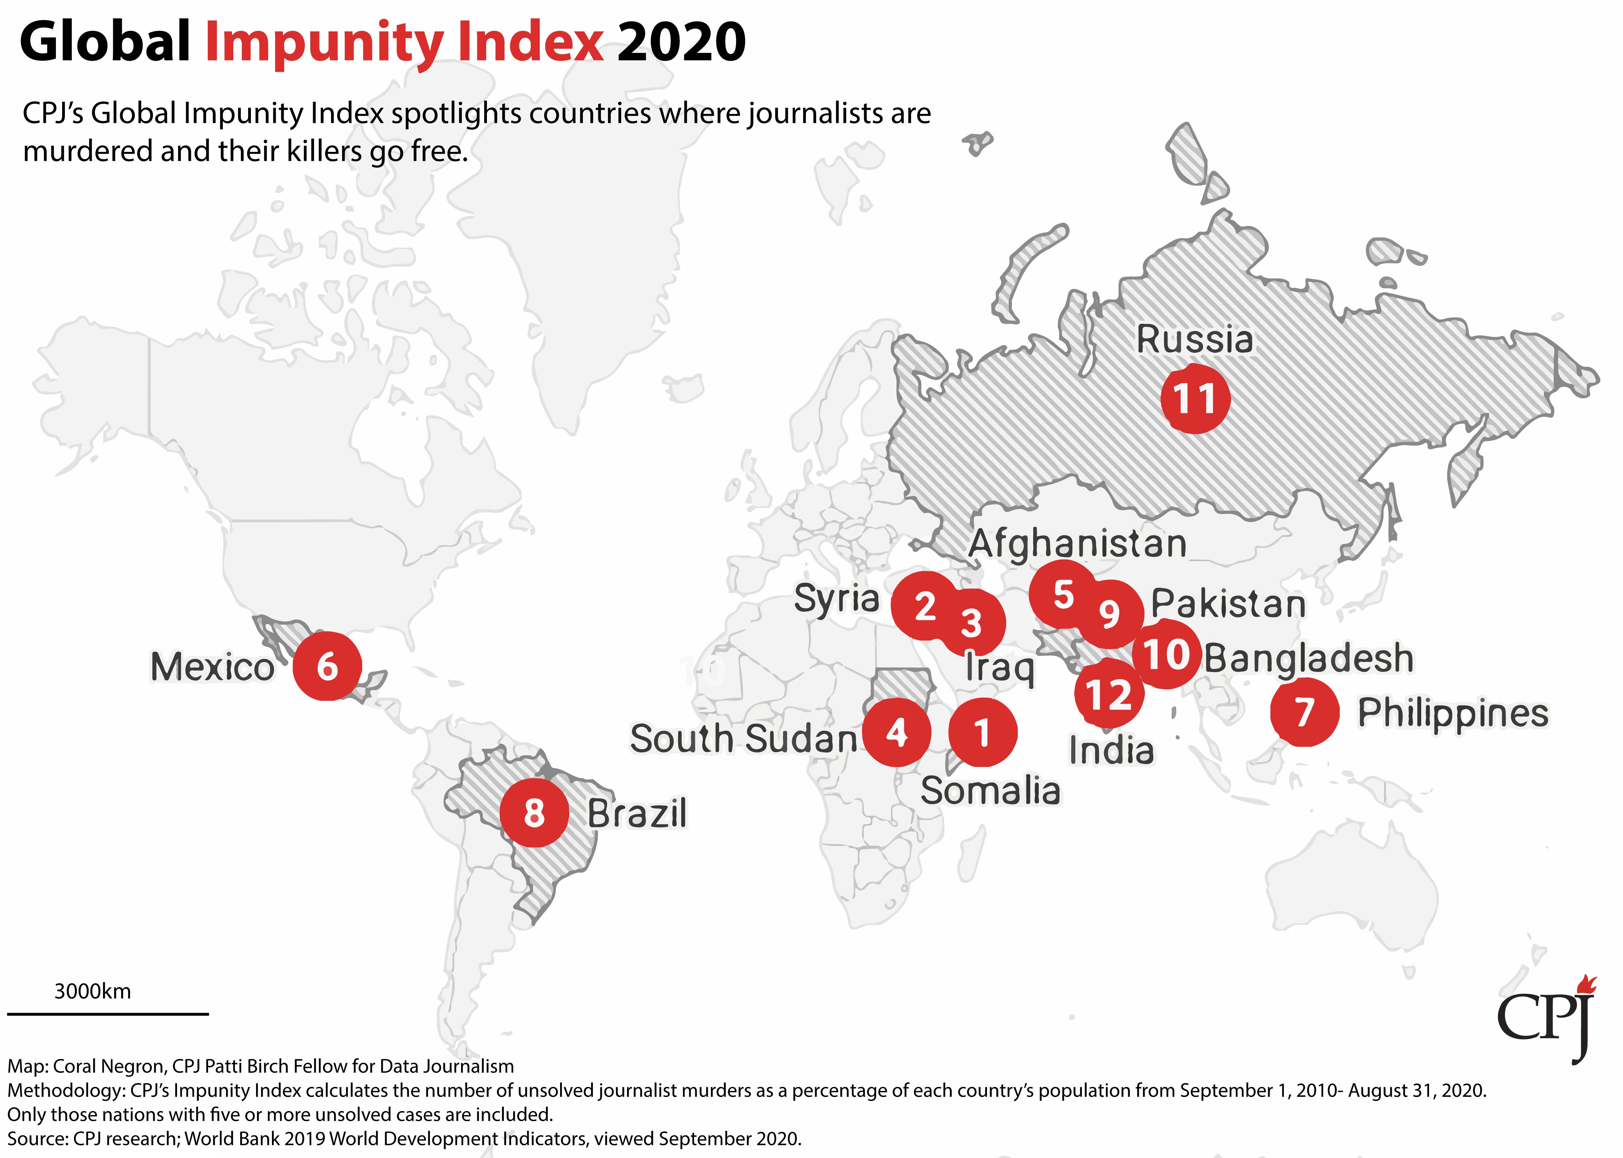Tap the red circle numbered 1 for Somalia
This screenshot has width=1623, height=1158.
982,732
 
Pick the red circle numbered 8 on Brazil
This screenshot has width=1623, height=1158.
534,813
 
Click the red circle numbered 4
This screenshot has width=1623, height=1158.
896,732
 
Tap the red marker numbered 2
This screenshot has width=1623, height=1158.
925,605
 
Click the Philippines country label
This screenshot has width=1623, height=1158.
1453,713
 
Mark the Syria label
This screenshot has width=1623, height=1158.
837,599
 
